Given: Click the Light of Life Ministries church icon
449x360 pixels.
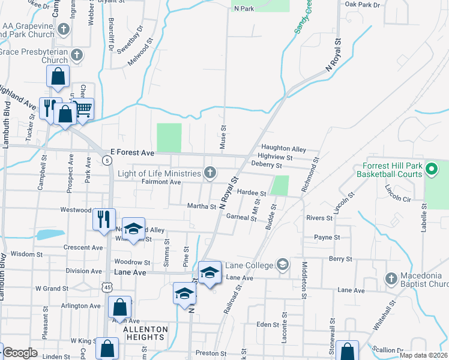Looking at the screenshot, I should [x=209, y=173].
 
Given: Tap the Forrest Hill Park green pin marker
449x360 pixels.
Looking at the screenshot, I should [x=432, y=170].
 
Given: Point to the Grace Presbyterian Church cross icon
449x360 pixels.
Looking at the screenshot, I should [x=76, y=56].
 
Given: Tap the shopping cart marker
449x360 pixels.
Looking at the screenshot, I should [x=84, y=108].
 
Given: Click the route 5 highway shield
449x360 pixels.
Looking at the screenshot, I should [x=106, y=160].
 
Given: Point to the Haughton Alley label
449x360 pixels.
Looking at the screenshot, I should [x=283, y=149].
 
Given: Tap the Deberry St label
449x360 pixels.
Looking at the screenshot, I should [x=267, y=164].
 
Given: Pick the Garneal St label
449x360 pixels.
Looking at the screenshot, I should [x=243, y=217].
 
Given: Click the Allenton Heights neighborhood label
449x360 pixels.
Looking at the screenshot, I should [x=143, y=334].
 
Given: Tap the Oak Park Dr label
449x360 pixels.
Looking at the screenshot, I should [x=363, y=5].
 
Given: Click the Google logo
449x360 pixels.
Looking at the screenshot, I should [x=20, y=353].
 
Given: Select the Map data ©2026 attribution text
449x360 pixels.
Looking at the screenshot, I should [x=423, y=355].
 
